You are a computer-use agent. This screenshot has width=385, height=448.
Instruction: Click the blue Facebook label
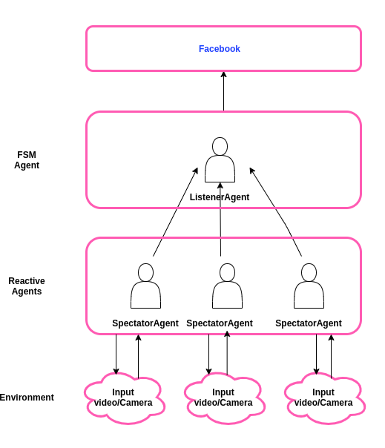pyautogui.click(x=219, y=49)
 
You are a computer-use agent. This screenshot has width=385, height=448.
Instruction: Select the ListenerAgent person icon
pyautogui.click(x=220, y=159)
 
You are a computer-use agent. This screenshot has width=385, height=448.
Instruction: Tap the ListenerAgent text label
pyautogui.click(x=220, y=197)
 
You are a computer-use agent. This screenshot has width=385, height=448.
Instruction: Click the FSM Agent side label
pyautogui.click(x=27, y=160)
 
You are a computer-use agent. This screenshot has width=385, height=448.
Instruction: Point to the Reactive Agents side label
pyautogui.click(x=27, y=286)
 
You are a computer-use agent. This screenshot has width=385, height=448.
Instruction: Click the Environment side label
pyautogui.click(x=27, y=398)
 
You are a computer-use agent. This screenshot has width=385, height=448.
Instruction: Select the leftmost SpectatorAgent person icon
pyautogui.click(x=145, y=286)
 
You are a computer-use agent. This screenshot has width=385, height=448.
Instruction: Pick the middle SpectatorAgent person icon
pyautogui.click(x=227, y=286)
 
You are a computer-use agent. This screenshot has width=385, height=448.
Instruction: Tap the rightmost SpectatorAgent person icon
pyautogui.click(x=309, y=286)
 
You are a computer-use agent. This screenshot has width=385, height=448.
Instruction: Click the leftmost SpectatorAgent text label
pyautogui.click(x=145, y=323)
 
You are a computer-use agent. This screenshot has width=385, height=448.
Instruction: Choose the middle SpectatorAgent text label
pyautogui.click(x=220, y=323)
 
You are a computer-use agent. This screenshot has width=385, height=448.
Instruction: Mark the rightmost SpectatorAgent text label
pyautogui.click(x=309, y=323)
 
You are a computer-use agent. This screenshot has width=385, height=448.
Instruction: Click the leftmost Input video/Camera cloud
pyautogui.click(x=123, y=398)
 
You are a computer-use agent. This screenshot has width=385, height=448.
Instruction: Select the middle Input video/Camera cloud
pyautogui.click(x=223, y=398)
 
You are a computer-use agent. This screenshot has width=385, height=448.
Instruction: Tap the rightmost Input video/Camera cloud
pyautogui.click(x=323, y=398)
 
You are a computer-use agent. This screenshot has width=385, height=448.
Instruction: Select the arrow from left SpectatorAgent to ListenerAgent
pyautogui.click(x=175, y=213)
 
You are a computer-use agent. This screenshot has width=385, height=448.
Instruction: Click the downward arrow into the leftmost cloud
pyautogui.click(x=116, y=355)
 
